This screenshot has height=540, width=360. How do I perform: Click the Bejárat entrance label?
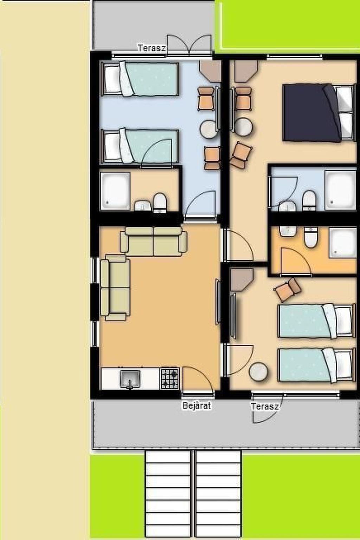point(197,405)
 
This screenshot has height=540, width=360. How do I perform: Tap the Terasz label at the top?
point(152,48)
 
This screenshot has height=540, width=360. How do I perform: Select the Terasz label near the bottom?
point(265,406)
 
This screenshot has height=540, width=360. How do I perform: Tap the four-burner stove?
point(170,378)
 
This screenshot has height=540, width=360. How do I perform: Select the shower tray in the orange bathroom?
point(343,242)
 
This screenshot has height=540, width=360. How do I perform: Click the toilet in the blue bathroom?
point(309,201)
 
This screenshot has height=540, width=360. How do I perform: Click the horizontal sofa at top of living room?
point(153,241)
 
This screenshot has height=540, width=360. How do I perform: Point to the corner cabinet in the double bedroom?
point(246,71)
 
